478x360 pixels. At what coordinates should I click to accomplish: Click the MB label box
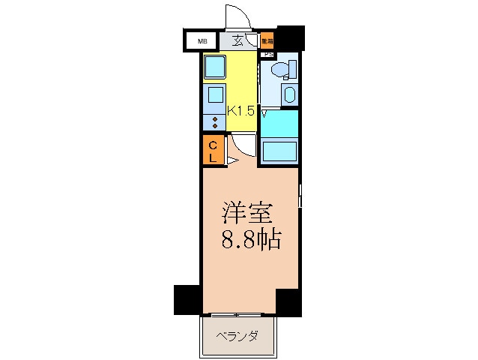point(202,41)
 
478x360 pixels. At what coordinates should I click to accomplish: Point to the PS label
point(267,54)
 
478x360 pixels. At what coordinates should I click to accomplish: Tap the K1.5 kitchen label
point(241,110)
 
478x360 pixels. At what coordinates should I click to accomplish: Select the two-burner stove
point(216,121)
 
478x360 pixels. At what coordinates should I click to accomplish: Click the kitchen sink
point(215,96)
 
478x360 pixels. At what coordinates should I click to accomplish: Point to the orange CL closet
point(213,150)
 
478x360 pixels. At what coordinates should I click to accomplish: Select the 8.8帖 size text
point(250,240)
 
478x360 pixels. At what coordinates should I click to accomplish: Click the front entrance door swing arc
point(235,16)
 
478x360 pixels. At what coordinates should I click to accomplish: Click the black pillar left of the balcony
point(187,299)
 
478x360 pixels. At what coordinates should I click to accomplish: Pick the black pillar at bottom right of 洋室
point(288,300)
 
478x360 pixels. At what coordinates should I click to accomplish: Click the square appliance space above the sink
point(216,67)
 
